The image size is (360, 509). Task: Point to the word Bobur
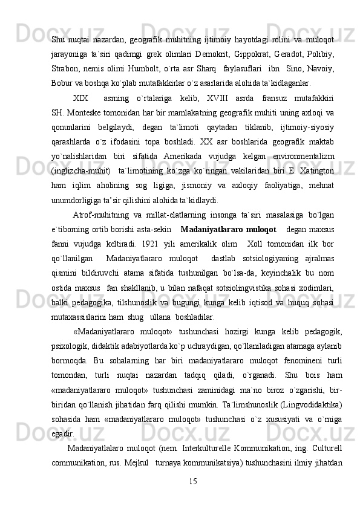(x=62, y=81)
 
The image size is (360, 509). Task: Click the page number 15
(x=193, y=481)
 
